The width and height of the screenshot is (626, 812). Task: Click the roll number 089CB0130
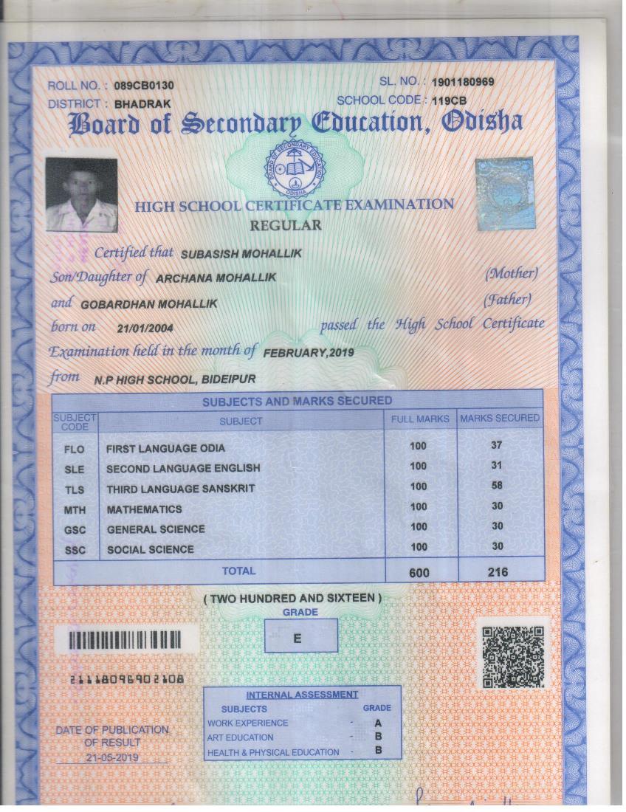point(144,86)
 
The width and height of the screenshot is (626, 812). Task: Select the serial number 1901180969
point(462,82)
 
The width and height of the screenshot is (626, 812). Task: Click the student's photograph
point(81,194)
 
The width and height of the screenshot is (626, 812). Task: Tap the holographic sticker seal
point(504,193)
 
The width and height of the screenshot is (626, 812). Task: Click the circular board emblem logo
point(295,168)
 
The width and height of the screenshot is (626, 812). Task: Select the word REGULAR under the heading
point(286,226)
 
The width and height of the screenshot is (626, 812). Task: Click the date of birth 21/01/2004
point(145,328)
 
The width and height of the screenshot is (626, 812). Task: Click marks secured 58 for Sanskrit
point(496,486)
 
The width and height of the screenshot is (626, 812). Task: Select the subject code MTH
point(75,510)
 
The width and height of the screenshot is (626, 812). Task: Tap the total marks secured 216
point(497,572)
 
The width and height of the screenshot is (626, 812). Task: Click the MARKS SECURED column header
point(500,419)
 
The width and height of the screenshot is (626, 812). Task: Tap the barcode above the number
point(134,639)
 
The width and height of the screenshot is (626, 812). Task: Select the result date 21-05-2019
point(111,757)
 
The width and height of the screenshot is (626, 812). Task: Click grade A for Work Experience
point(378,723)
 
